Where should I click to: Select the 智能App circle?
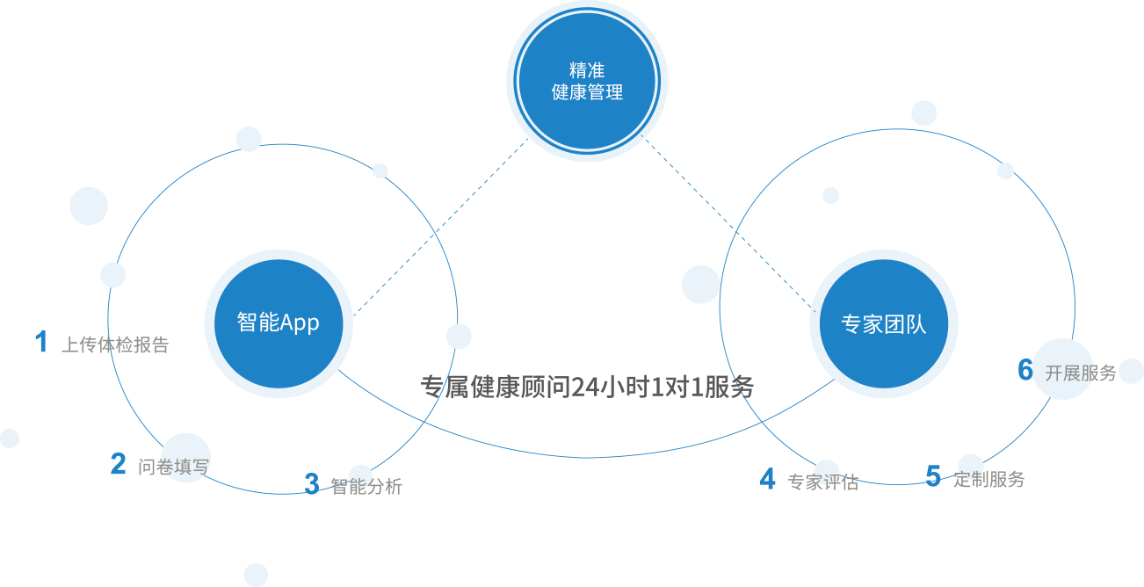click(x=278, y=323)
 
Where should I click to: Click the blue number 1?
click(x=40, y=342)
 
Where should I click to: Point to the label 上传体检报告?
click(x=114, y=345)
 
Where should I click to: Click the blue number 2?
click(x=118, y=464)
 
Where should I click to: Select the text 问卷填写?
click(x=174, y=466)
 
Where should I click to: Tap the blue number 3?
click(x=312, y=483)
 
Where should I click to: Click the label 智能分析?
click(x=366, y=486)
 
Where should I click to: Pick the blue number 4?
click(x=767, y=479)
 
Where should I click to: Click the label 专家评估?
click(x=822, y=482)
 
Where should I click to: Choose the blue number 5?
click(x=933, y=476)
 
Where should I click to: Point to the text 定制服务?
click(x=989, y=480)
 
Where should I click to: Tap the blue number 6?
click(x=1025, y=370)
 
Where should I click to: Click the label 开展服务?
click(x=1081, y=373)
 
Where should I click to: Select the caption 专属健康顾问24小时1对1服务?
click(x=587, y=388)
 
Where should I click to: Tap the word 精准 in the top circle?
click(x=587, y=71)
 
